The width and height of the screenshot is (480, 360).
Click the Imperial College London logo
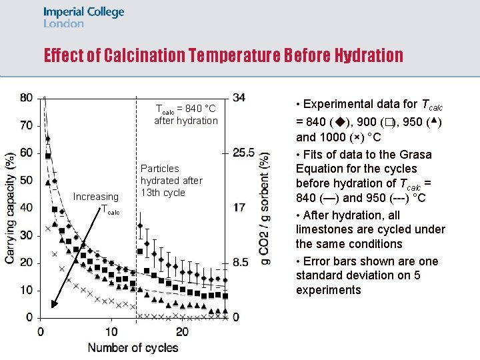click(x=83, y=17)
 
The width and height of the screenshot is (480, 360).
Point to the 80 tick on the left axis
click(x=26, y=97)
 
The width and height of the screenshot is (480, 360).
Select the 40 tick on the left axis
click(x=26, y=207)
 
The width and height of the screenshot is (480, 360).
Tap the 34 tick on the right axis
click(x=239, y=97)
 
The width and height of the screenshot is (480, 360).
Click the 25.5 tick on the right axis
click(x=244, y=153)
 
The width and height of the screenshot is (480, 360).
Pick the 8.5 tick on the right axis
click(x=241, y=262)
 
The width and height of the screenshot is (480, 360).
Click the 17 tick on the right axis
click(x=239, y=207)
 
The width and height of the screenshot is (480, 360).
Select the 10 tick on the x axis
click(x=111, y=332)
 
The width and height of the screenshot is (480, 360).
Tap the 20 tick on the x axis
click(x=182, y=332)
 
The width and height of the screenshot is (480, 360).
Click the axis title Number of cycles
click(x=133, y=347)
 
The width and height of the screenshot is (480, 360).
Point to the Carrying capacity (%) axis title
click(x=11, y=208)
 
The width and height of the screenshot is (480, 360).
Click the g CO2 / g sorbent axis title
click(x=265, y=208)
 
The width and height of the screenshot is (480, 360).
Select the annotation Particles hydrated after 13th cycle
click(x=171, y=181)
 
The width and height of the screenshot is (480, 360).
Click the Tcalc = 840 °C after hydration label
click(x=185, y=115)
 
